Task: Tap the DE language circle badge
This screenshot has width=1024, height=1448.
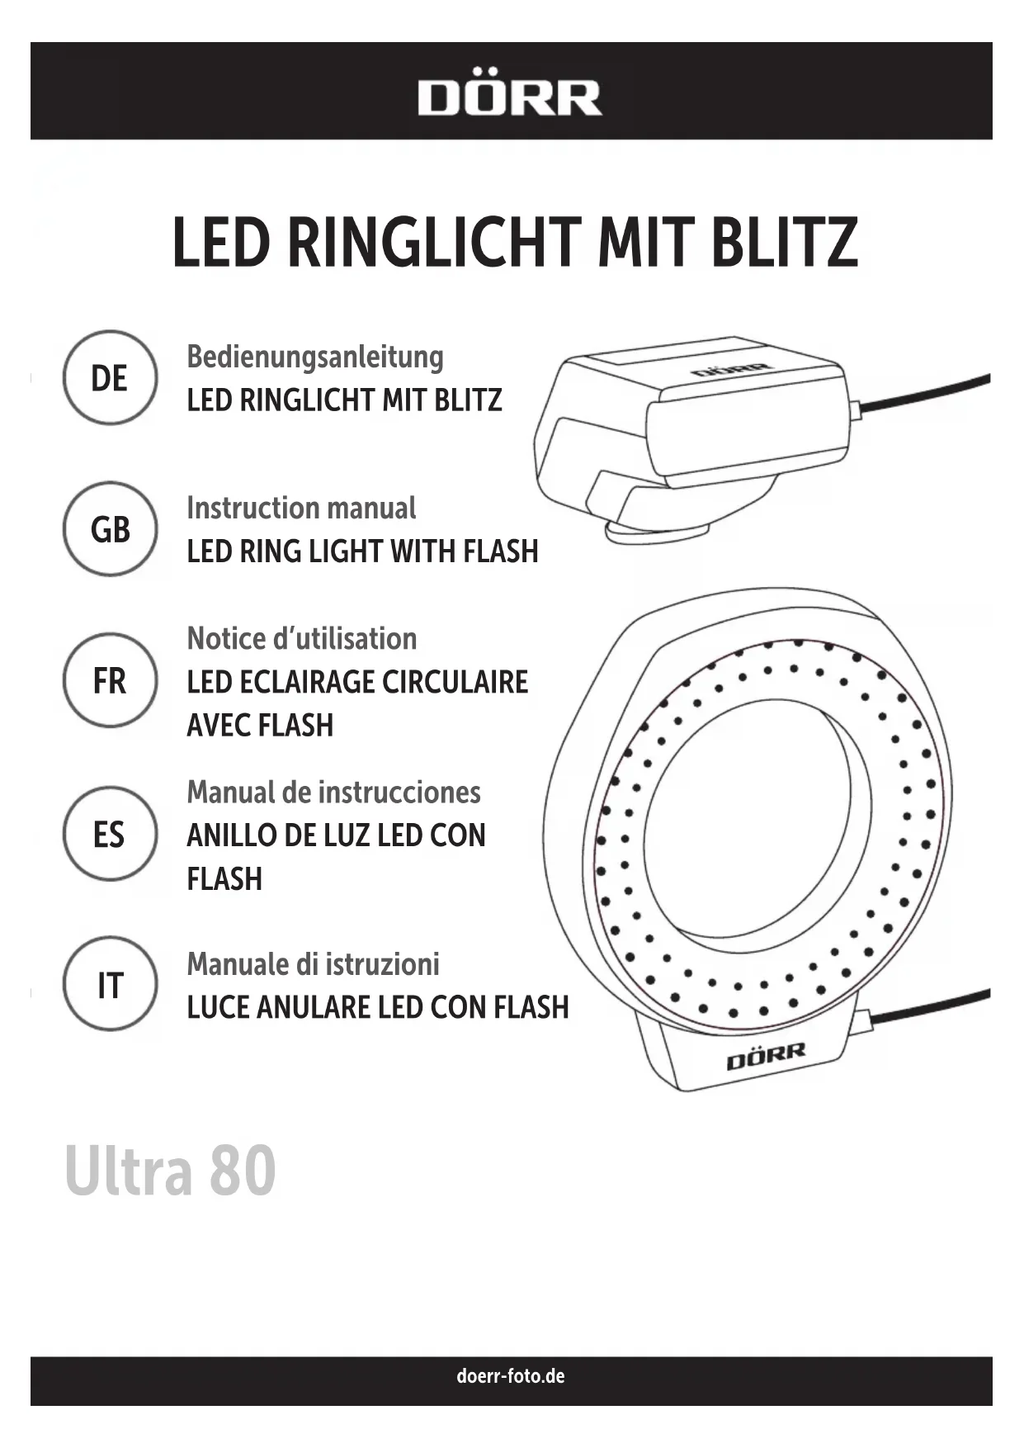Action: pyautogui.click(x=110, y=378)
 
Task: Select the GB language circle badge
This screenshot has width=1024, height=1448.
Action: pyautogui.click(x=110, y=529)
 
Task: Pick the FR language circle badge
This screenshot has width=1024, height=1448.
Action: pyautogui.click(x=110, y=681)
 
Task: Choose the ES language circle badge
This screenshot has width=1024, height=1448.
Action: pyautogui.click(x=110, y=834)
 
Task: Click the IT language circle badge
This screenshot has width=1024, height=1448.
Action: pyautogui.click(x=110, y=985)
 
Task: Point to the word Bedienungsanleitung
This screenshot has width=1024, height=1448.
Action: pyautogui.click(x=314, y=357)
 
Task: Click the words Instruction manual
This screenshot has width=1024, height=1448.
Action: pyautogui.click(x=301, y=508)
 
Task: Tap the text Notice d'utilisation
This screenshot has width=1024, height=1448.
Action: pyautogui.click(x=301, y=638)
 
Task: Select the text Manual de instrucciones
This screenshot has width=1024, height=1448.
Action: pyautogui.click(x=333, y=792)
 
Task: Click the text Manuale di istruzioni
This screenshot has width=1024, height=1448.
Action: pyautogui.click(x=313, y=963)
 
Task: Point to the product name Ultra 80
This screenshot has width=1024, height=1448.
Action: pyautogui.click(x=170, y=1170)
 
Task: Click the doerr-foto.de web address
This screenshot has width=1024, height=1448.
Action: pyautogui.click(x=511, y=1376)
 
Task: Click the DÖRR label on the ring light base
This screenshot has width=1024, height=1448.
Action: pyautogui.click(x=765, y=1056)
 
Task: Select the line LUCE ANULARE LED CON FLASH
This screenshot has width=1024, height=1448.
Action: pyautogui.click(x=378, y=1007)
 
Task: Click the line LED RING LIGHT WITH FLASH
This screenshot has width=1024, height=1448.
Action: pyautogui.click(x=362, y=551)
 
